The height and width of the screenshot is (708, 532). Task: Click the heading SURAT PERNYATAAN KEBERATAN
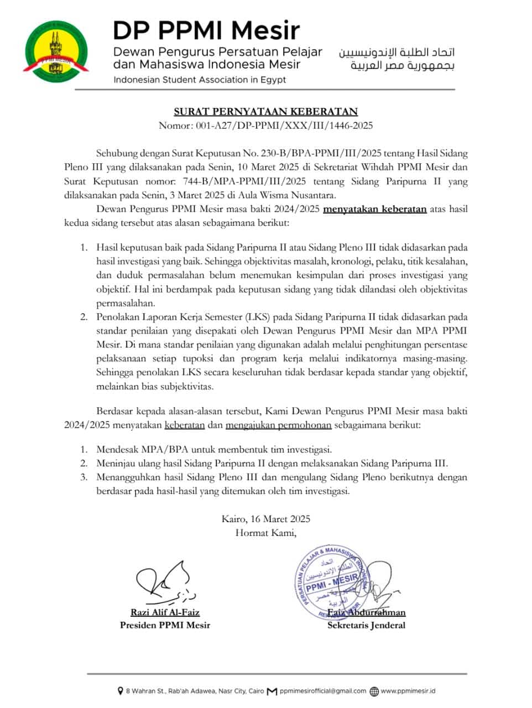(x=266, y=111)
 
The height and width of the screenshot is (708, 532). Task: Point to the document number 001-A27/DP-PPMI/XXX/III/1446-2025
(x=284, y=125)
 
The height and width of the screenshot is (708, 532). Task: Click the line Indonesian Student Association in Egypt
(x=200, y=80)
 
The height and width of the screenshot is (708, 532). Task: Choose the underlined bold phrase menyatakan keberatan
(x=374, y=209)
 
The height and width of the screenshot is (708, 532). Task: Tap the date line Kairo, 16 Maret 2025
(x=266, y=519)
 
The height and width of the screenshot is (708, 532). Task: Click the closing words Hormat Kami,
(x=266, y=533)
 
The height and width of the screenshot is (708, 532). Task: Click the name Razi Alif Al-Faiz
(x=165, y=612)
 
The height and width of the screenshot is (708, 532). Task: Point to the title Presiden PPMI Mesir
(x=165, y=626)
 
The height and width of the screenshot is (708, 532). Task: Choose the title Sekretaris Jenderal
(x=366, y=626)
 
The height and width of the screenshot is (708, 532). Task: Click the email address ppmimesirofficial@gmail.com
(x=323, y=691)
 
